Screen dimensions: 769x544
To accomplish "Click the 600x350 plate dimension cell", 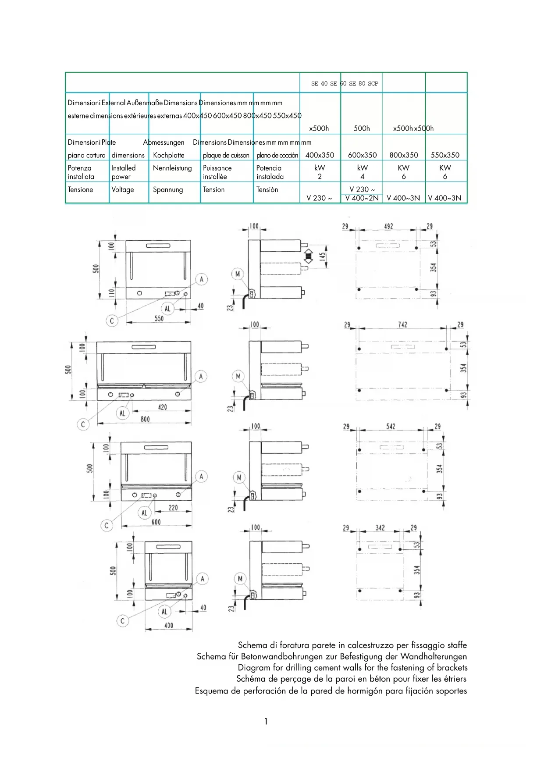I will point(362,155).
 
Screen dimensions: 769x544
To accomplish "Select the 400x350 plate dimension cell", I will point(320,155).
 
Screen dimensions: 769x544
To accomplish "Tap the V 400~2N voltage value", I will point(362,198).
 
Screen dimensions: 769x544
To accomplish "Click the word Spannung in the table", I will point(168,190).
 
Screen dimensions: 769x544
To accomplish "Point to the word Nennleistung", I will point(172,168).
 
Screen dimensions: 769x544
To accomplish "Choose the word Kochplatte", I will point(169,155).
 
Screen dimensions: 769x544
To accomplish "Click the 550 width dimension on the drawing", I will point(159,319).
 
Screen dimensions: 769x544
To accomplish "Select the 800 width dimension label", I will point(145,419).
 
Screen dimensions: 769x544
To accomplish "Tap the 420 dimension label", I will point(162,407).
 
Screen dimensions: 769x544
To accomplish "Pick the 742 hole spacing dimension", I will point(402,324).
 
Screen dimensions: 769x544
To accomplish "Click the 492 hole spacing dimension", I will point(388,226).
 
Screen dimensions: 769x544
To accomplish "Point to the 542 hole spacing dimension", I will point(391,426).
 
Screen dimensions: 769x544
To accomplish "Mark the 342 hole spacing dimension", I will point(380,527).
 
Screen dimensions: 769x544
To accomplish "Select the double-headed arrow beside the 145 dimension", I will point(309,256).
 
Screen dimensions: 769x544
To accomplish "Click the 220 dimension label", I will point(173,508).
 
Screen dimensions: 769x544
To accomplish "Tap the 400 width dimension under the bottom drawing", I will point(169,625).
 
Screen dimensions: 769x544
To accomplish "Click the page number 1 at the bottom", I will point(266,721).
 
